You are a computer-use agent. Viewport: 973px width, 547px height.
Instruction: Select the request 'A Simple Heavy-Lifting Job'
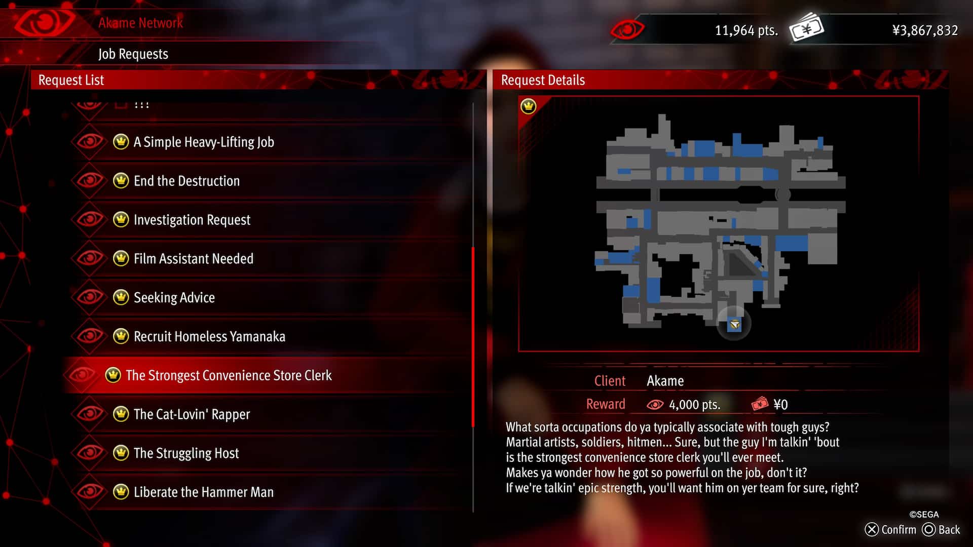203,142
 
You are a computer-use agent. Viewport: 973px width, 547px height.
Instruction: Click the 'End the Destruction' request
186,181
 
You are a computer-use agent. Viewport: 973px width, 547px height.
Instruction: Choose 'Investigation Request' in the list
192,220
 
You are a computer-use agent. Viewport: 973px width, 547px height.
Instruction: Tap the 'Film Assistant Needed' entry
193,259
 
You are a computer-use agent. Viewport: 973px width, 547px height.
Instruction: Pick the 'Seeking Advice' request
174,298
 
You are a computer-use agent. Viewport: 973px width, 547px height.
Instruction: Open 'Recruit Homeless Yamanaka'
209,337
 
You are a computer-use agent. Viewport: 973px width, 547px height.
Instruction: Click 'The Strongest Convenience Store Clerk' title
229,375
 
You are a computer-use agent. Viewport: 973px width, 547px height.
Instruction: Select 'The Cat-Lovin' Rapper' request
192,414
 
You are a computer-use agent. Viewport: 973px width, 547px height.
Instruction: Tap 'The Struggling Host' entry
186,453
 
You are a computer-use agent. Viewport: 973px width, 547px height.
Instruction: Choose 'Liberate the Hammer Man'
203,492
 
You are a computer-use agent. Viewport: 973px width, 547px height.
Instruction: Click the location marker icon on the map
734,324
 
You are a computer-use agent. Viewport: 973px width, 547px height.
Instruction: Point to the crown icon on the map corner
528,106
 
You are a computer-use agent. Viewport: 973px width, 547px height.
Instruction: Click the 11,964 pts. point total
746,30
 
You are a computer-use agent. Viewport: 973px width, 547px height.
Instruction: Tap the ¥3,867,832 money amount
925,30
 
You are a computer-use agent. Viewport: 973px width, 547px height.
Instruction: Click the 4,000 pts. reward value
694,405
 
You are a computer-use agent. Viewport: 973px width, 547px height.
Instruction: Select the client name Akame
665,381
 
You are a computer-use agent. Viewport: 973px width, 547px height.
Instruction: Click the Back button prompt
942,530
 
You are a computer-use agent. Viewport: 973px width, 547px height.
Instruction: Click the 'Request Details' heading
543,80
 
